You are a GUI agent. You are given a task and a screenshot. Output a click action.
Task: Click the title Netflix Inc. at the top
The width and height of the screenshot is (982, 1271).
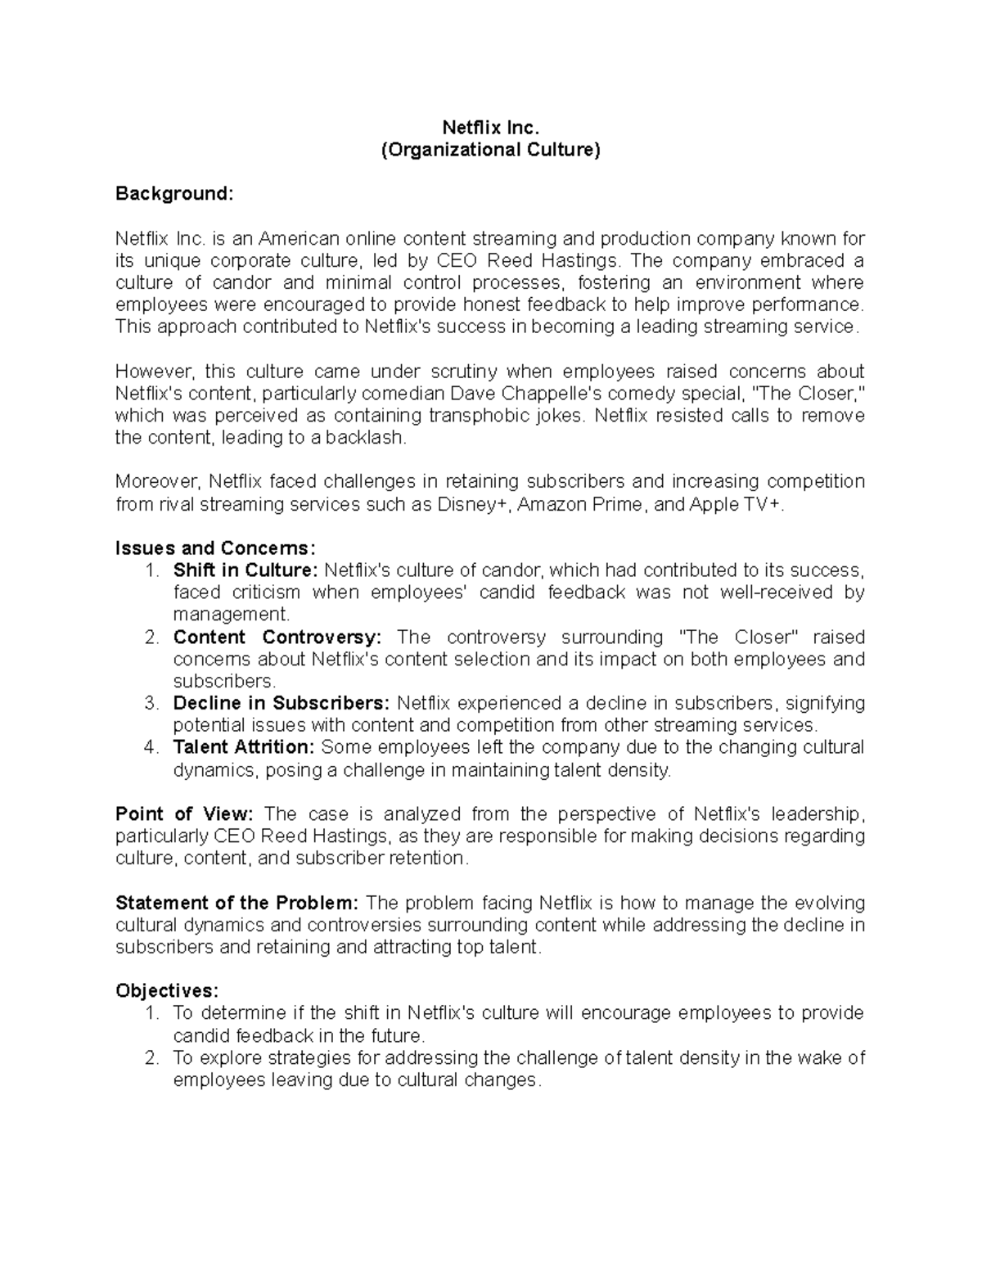(x=490, y=128)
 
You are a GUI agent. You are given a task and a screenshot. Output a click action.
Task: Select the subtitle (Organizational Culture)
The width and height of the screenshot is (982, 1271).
(x=490, y=150)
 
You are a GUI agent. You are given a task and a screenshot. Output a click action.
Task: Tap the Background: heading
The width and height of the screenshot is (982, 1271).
(x=174, y=194)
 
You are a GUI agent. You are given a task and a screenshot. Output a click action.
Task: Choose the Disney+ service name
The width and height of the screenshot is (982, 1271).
(x=474, y=504)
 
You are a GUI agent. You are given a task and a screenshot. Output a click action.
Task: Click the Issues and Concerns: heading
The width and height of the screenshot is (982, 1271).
(x=215, y=548)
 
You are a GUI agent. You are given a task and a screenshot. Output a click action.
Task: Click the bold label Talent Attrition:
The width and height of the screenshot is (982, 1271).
(x=244, y=747)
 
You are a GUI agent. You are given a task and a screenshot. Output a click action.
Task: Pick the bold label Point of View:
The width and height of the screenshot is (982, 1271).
(x=185, y=814)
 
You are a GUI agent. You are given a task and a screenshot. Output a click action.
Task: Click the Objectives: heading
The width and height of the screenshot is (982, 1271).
(x=167, y=990)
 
